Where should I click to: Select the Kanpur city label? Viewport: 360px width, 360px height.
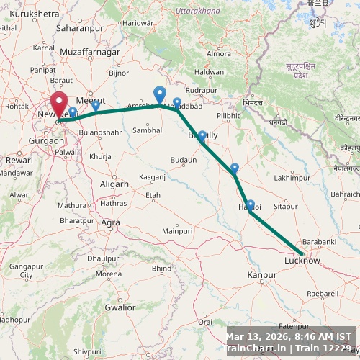[x=261, y=275]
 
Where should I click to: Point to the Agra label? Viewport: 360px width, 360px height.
[x=110, y=222]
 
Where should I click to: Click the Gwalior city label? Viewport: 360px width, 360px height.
[x=120, y=307]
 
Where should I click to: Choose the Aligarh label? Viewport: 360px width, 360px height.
[x=114, y=184]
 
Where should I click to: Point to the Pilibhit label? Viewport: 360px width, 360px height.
[x=228, y=115]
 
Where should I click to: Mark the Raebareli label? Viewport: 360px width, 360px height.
[x=323, y=294]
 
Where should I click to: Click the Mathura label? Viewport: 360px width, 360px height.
[x=72, y=205]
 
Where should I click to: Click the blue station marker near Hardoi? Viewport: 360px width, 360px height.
[x=250, y=205]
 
